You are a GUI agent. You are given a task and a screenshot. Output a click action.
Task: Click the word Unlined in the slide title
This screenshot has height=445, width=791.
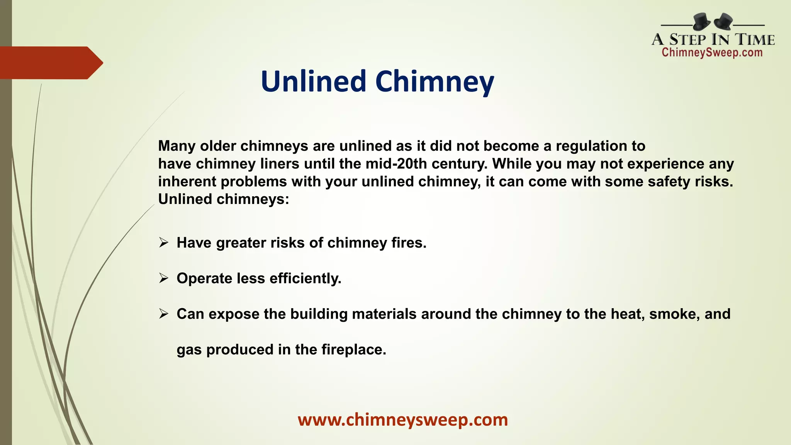point(313,82)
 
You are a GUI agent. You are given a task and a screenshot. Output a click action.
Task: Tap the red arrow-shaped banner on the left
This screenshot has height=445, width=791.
point(50,63)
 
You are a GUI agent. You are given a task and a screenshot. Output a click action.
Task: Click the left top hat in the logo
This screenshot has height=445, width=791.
point(701,21)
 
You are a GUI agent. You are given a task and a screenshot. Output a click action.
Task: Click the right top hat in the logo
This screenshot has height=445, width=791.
point(723,22)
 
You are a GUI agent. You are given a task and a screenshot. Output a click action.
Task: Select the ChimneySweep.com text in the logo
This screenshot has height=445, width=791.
point(712,53)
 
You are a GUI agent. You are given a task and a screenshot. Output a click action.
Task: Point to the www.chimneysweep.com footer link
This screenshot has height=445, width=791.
point(403,420)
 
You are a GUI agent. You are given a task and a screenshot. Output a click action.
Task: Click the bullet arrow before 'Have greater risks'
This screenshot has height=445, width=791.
point(164,243)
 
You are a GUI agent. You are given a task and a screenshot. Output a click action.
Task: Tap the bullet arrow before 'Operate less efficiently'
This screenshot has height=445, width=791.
point(164,279)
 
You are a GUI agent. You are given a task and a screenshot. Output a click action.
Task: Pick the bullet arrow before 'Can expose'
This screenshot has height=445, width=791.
point(164,314)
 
